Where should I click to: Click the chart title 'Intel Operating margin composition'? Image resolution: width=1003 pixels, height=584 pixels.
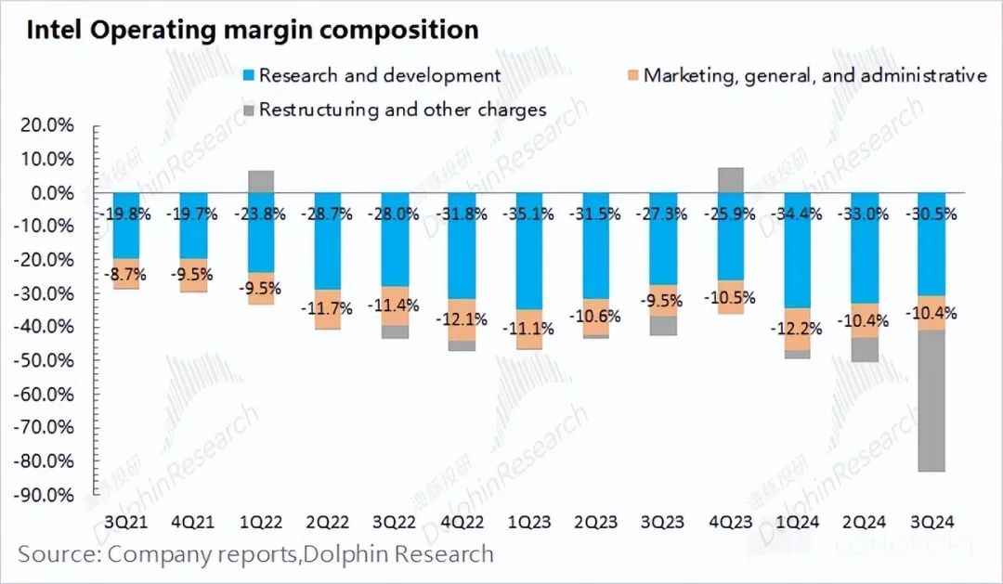[252, 30]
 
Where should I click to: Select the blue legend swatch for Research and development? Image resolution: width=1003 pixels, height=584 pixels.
[246, 76]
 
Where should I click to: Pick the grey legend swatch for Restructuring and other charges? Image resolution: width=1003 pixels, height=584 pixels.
[246, 110]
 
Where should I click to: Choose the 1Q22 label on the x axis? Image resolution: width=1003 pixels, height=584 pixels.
[261, 523]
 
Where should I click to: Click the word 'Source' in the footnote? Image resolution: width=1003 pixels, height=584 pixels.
[57, 554]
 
